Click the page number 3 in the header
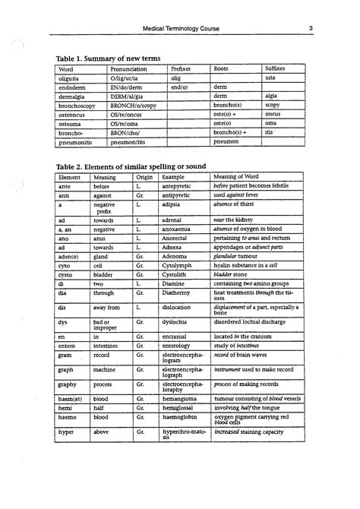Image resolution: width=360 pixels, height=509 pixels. tap(311, 29)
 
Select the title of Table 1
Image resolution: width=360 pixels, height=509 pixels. tap(108, 58)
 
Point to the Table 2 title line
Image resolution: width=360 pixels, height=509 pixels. tap(131, 166)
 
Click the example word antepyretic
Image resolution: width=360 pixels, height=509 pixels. tap(179, 185)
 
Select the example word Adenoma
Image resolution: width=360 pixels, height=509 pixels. tap(176, 258)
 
